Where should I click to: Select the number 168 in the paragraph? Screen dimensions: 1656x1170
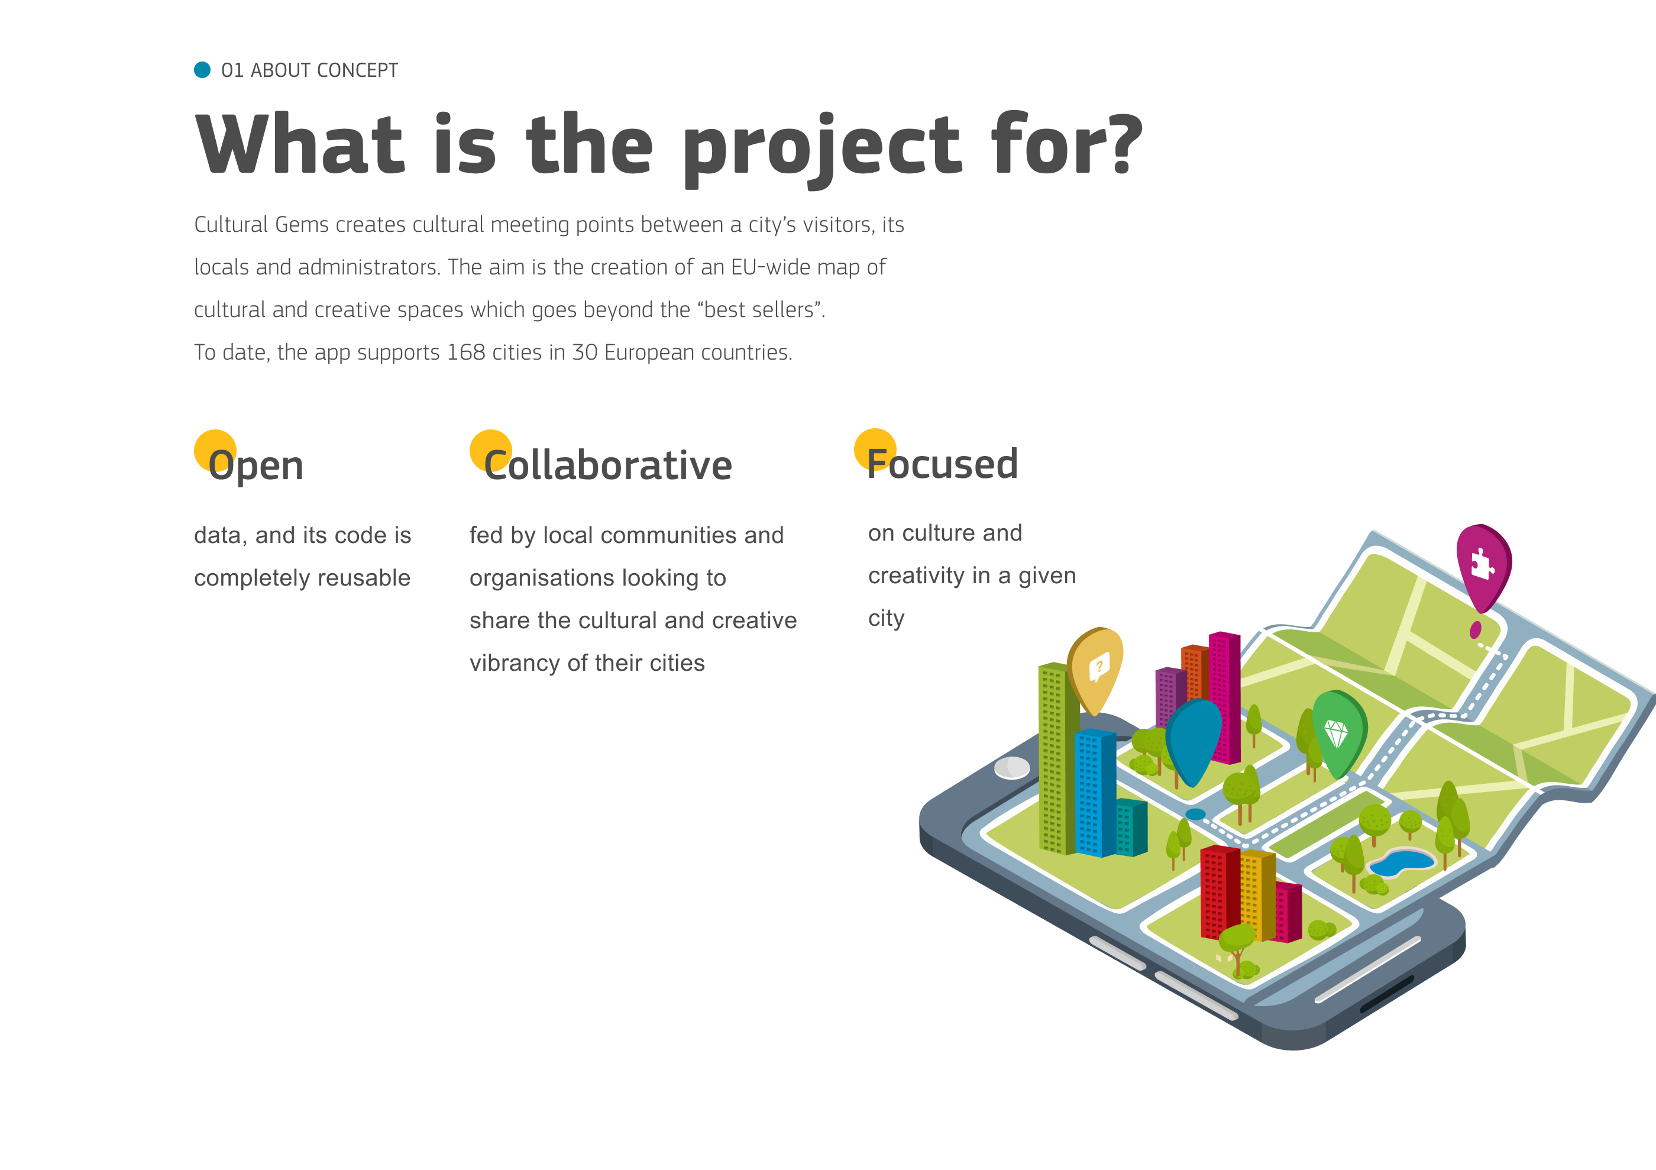coord(466,352)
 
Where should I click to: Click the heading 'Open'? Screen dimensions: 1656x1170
coord(255,466)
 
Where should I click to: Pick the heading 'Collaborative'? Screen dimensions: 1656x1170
coord(608,466)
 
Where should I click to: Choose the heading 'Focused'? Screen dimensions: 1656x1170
coord(943,464)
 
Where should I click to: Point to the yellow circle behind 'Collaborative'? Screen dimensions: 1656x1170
coord(490,451)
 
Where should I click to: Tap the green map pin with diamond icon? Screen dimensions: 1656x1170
coord(1338,732)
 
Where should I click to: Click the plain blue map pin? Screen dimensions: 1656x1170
coord(1194,739)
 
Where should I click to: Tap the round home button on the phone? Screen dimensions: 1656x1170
coord(1012,768)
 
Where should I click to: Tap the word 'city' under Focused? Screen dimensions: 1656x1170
coord(887,619)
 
